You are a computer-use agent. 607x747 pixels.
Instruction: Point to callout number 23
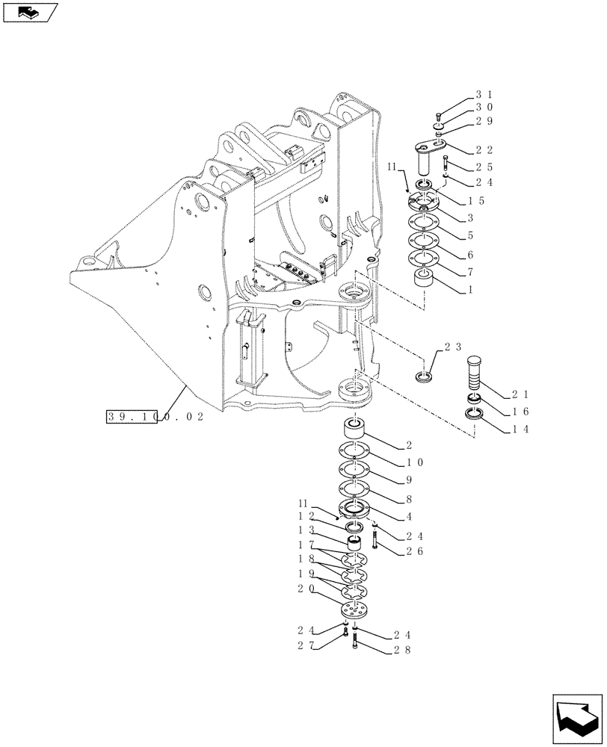(x=453, y=347)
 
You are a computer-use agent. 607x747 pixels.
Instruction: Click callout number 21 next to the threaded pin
(x=520, y=394)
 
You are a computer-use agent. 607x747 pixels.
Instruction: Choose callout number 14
(x=520, y=430)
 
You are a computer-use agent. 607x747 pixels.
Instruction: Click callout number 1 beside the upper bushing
(x=469, y=289)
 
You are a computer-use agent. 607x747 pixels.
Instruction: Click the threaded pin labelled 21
(x=476, y=373)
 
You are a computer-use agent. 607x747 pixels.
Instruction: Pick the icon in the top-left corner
(x=30, y=12)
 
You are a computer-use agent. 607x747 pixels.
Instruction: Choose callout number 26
(x=414, y=552)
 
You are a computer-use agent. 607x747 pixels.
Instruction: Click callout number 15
(x=476, y=201)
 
